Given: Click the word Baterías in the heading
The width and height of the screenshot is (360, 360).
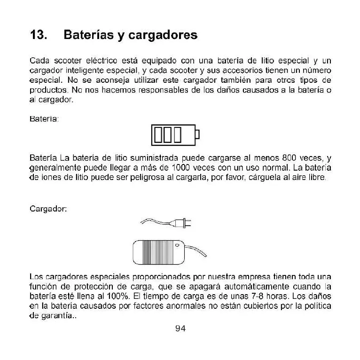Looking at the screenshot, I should pyautogui.click(x=88, y=35).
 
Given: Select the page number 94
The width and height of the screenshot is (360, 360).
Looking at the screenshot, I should pyautogui.click(x=180, y=329).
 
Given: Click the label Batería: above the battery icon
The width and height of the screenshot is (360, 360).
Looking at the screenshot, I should pyautogui.click(x=44, y=119).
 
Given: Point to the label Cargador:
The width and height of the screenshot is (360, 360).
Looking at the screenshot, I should pyautogui.click(x=48, y=209).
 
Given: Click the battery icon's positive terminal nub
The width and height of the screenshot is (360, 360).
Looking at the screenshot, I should pyautogui.click(x=197, y=134).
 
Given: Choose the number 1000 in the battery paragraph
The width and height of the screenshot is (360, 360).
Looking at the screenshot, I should pyautogui.click(x=181, y=168).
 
